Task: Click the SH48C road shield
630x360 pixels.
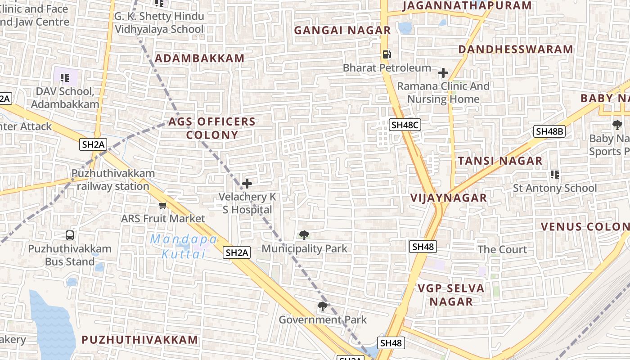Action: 405,125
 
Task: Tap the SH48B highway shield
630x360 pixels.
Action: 549,131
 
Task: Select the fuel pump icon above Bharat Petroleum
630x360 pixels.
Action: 387,54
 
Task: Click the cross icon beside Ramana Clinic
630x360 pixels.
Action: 443,73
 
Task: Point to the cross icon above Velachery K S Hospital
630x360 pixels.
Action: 247,184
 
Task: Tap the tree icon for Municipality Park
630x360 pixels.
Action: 304,235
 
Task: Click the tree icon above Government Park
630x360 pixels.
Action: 322,307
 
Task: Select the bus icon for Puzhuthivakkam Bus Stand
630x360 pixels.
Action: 70,235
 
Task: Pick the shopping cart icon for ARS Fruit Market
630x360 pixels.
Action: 162,206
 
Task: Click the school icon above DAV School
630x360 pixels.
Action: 65,78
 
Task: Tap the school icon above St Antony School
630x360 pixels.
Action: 554,175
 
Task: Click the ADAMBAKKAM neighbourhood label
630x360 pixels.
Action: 200,58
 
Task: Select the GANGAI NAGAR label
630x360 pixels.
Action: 342,31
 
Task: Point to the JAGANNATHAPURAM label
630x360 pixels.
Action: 467,6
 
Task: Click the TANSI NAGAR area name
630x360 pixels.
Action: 500,161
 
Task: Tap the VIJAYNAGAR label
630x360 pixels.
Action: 449,198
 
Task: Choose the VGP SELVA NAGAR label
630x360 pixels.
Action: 451,295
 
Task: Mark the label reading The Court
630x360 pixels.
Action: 502,250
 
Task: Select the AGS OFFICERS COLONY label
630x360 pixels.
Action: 212,128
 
